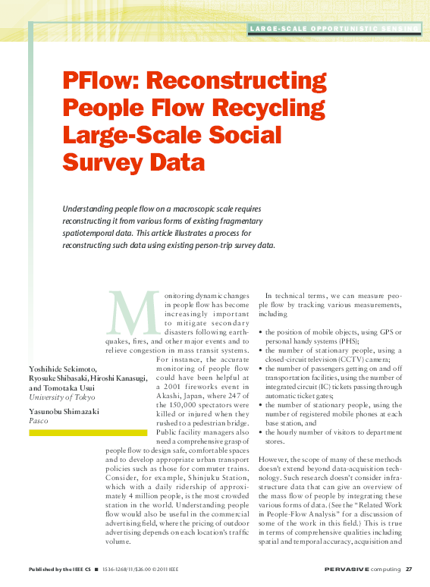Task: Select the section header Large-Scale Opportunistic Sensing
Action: tap(334, 29)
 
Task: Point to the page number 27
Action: tap(409, 570)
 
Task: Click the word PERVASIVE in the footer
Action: tap(346, 570)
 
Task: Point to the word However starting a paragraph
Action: tap(275, 460)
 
